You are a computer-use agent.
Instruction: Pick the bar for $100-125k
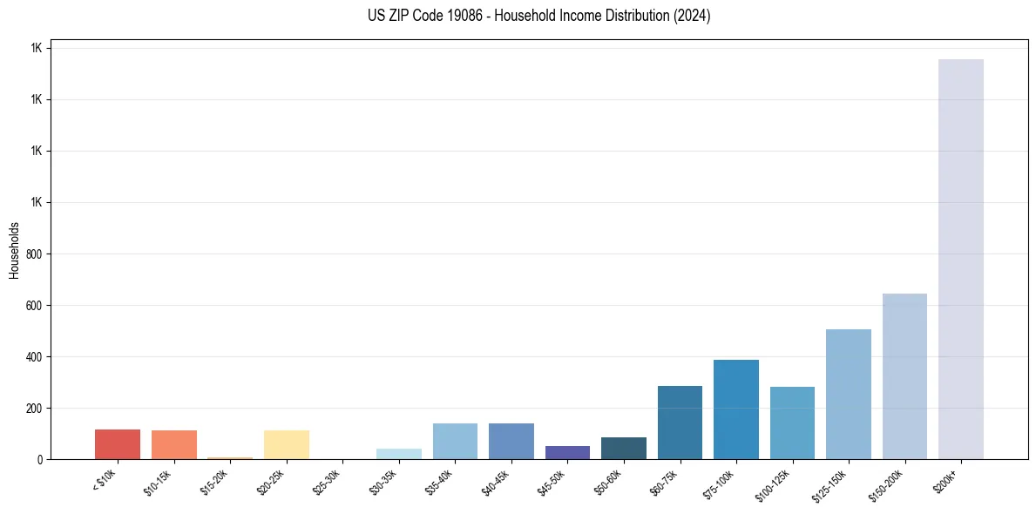792,423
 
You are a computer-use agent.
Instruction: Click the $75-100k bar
735,409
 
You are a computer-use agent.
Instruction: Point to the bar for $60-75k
680,423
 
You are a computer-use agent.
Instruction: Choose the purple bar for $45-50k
567,452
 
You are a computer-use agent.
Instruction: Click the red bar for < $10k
118,444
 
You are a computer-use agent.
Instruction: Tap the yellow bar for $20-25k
287,444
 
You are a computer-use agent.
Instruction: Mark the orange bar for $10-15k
174,444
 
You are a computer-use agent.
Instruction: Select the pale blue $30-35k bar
399,454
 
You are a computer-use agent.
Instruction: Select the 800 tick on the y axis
34,254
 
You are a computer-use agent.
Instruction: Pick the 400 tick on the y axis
34,357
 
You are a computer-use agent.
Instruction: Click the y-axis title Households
14,250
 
